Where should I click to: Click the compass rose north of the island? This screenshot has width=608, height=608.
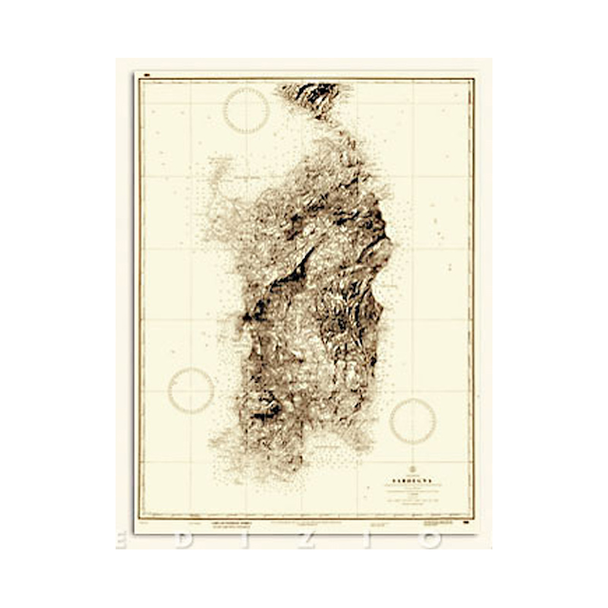pyautogui.click(x=246, y=110)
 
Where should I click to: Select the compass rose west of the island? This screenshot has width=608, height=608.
pyautogui.click(x=191, y=390)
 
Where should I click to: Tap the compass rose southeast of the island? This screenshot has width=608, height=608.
pyautogui.click(x=412, y=421)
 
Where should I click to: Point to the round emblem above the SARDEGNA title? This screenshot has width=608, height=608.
pyautogui.click(x=412, y=468)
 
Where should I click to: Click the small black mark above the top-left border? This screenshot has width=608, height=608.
pyautogui.click(x=148, y=73)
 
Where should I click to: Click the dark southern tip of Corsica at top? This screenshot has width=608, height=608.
pyautogui.click(x=311, y=96)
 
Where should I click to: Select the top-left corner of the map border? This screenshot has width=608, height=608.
pyautogui.click(x=139, y=80)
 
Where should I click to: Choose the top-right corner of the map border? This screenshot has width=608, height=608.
pyautogui.click(x=472, y=80)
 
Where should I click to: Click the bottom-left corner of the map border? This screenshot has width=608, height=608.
pyautogui.click(x=139, y=518)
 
